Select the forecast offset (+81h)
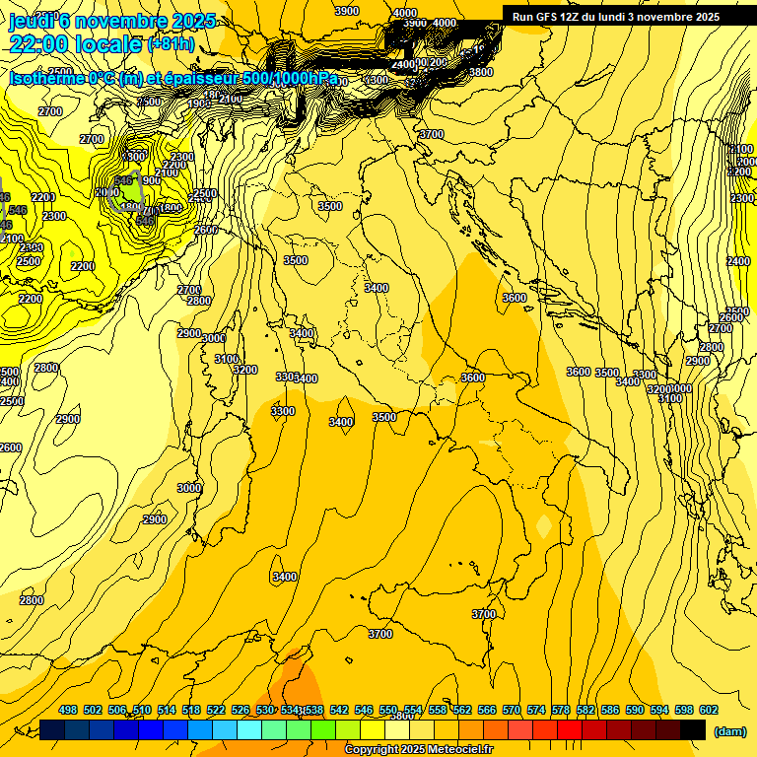(171, 44)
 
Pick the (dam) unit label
(728, 730)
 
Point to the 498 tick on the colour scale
(68, 710)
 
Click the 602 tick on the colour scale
(708, 710)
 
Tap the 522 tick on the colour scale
(216, 710)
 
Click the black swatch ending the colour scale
(693, 729)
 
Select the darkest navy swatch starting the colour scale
(52, 729)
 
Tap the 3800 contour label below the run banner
(481, 72)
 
